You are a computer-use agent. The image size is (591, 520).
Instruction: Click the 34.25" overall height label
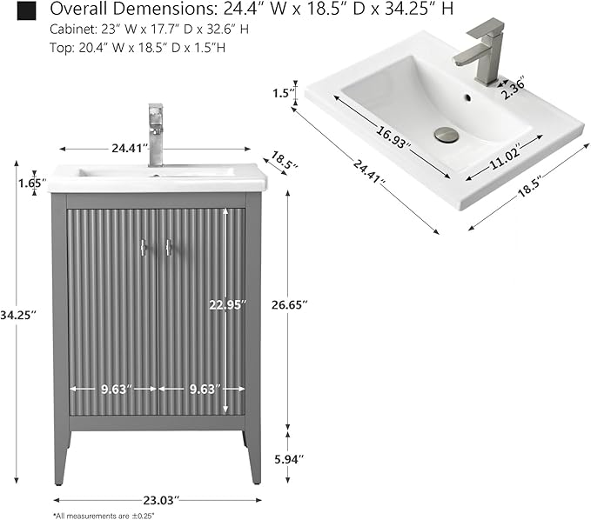point(17,315)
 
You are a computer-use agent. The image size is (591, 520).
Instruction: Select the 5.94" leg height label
point(289,459)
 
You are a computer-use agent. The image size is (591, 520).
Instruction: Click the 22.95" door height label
point(228,304)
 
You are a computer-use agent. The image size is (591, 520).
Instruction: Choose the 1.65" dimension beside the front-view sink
point(32,183)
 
